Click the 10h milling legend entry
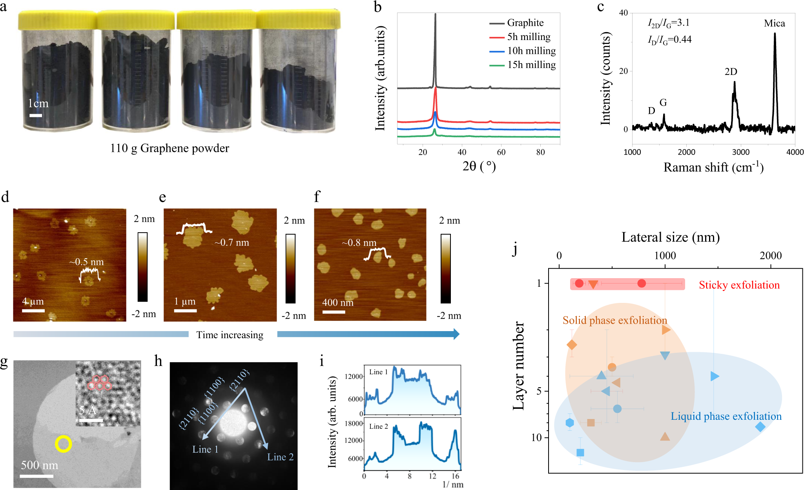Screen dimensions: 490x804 [531, 51]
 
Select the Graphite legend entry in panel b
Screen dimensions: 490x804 [525, 23]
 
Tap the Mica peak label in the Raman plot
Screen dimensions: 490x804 [774, 24]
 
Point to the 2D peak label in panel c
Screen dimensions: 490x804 [731, 72]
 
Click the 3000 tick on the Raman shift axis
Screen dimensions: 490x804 [741, 152]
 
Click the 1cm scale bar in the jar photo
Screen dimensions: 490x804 [36, 115]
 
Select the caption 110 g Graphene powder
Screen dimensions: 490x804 [170, 148]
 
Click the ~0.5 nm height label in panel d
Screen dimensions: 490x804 [87, 262]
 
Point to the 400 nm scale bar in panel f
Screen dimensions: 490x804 [334, 312]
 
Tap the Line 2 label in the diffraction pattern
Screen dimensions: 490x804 [280, 457]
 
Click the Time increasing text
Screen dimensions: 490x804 [230, 335]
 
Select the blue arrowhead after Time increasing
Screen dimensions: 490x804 [456, 334]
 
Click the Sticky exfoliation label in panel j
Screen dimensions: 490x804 [739, 285]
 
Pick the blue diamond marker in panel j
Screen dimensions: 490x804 [760, 426]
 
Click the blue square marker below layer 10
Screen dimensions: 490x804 [580, 453]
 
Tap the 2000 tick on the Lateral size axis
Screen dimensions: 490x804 [771, 256]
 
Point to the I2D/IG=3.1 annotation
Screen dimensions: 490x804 [668, 23]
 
